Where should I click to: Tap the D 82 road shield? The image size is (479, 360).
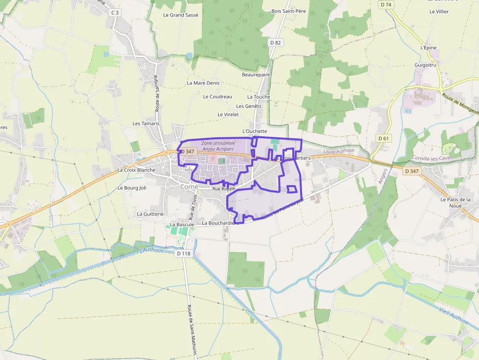click(276, 42)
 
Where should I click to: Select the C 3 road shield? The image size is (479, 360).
click(115, 12)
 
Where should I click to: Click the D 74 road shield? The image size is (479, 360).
click(386, 4)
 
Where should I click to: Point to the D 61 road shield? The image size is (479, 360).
click(384, 138)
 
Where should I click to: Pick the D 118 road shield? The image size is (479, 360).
click(183, 253)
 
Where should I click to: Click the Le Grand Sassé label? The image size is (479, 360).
click(181, 15)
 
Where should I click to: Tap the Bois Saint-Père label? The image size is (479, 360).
click(288, 11)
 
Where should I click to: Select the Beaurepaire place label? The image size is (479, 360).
click(256, 75)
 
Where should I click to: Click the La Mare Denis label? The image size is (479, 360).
click(203, 83)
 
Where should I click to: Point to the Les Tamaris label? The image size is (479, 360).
click(146, 124)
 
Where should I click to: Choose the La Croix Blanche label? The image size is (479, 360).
click(136, 170)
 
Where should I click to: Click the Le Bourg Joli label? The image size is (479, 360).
click(132, 188)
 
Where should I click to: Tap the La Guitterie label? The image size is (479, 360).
click(150, 214)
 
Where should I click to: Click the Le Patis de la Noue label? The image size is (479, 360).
click(455, 202)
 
